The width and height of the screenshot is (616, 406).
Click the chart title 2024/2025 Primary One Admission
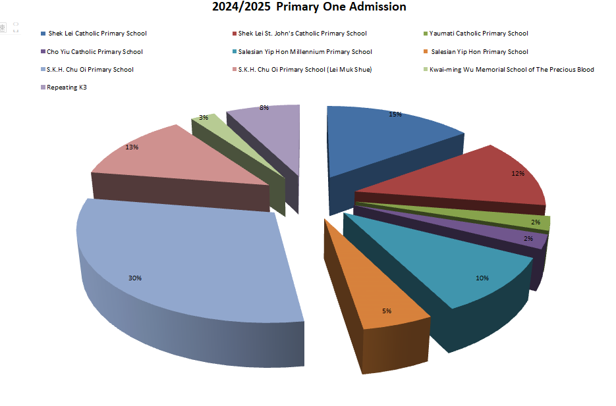(x=308, y=7)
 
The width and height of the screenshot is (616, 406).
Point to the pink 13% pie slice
(x=165, y=158)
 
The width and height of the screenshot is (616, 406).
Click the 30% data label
(x=135, y=278)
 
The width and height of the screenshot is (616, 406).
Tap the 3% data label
(x=204, y=118)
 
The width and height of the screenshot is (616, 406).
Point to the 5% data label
(x=387, y=311)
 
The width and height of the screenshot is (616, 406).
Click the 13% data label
(x=132, y=147)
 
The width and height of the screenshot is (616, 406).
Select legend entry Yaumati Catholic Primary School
(x=478, y=34)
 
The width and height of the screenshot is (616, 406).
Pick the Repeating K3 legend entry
(x=67, y=88)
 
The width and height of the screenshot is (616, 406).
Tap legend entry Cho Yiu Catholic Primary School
(x=94, y=52)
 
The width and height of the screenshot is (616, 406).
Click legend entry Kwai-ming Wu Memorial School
(x=511, y=70)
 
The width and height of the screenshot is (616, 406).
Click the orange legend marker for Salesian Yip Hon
(x=425, y=52)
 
